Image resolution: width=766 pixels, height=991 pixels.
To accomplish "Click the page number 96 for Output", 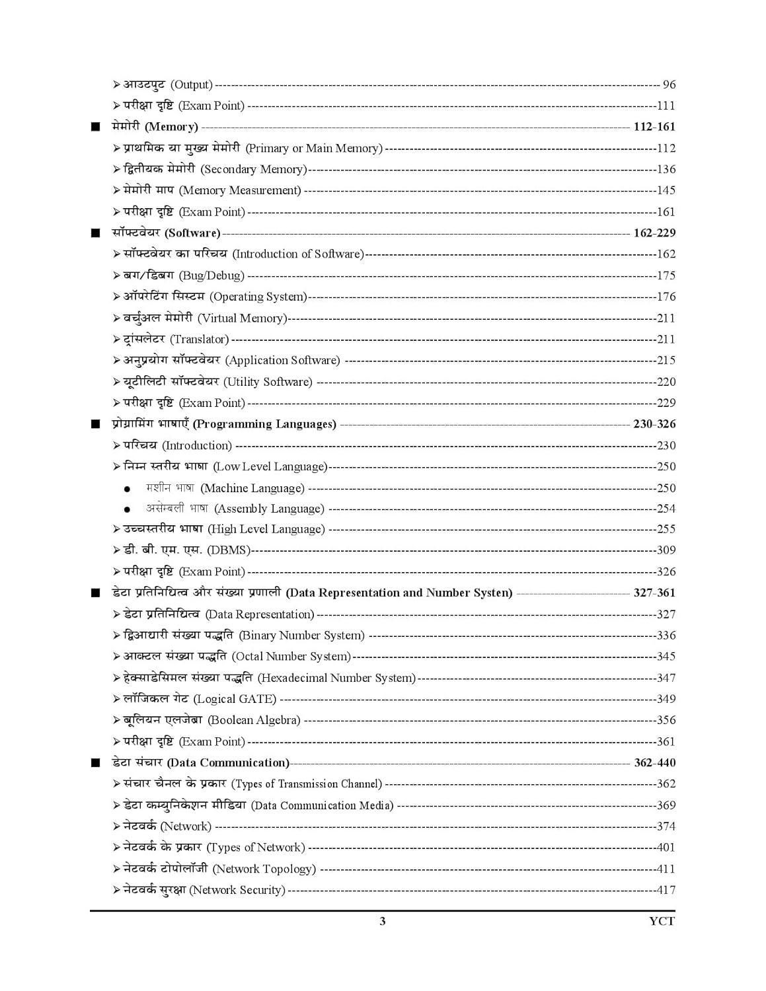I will (669, 85).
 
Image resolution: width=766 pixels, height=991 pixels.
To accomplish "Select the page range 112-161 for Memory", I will (654, 127).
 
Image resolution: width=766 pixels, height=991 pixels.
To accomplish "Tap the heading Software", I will (166, 233).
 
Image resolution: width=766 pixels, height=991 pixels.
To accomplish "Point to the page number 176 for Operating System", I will (666, 297).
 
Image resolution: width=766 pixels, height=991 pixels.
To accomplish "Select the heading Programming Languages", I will (224, 424).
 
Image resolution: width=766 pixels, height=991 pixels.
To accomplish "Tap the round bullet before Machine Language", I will (127, 490).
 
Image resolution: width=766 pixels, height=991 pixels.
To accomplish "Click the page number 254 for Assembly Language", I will (666, 509).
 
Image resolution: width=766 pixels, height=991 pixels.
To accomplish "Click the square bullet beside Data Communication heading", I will (96, 763).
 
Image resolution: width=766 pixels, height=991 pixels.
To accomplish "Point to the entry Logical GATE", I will (200, 699).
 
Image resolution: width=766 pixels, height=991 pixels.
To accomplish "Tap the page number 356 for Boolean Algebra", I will (666, 720).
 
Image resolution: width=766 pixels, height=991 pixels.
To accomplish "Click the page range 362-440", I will (654, 762).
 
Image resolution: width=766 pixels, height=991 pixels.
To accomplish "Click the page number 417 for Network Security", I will (666, 890).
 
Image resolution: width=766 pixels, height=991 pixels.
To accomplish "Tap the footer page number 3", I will (382, 921).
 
